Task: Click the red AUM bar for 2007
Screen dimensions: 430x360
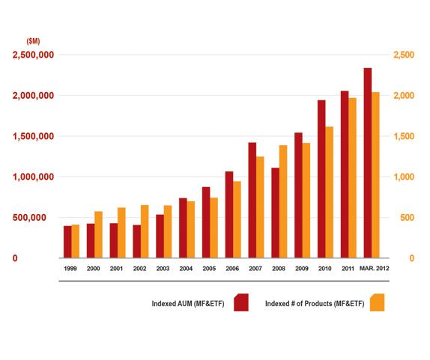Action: (x=252, y=201)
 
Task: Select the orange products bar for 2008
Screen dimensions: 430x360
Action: (x=283, y=201)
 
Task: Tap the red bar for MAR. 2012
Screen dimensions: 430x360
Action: (x=368, y=163)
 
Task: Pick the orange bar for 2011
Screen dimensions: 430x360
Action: (x=352, y=178)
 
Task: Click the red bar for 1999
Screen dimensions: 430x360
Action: (x=67, y=242)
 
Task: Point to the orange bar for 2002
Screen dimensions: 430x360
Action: (x=145, y=231)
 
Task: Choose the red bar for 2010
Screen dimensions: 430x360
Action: (x=321, y=179)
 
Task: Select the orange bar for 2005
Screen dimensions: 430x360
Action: (x=214, y=228)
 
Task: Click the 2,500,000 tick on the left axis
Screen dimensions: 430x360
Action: (x=33, y=55)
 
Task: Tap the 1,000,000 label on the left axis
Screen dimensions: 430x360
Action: (x=33, y=177)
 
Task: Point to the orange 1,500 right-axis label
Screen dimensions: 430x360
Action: (x=404, y=136)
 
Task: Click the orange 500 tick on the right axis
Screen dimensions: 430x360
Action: (x=407, y=218)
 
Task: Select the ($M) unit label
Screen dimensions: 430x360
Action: (x=33, y=41)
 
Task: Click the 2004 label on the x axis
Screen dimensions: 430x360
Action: (x=186, y=269)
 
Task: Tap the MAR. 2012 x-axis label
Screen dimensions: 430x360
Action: (x=374, y=268)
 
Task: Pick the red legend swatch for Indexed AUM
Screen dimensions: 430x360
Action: (x=241, y=302)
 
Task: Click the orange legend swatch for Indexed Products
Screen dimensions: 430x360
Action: (x=377, y=302)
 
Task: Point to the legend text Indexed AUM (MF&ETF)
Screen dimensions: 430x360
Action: (x=188, y=304)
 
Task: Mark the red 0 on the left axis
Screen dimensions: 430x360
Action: (x=15, y=258)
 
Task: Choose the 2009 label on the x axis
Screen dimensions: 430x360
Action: (x=302, y=269)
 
